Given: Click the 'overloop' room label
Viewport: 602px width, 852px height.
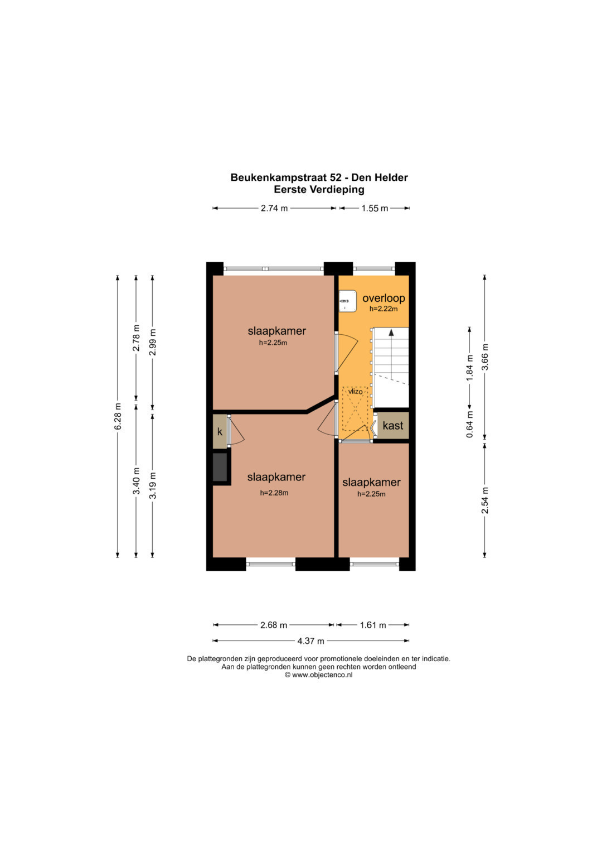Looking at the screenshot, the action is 383,299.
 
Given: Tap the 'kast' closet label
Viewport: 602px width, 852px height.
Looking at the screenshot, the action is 392,425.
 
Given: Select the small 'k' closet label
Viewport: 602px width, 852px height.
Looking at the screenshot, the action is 220,432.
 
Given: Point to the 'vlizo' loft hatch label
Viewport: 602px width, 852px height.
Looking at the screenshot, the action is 356,391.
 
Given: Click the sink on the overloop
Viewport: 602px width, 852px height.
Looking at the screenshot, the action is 347,301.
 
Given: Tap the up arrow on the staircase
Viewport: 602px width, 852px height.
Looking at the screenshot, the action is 391,333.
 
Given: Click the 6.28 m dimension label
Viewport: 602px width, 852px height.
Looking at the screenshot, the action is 118,416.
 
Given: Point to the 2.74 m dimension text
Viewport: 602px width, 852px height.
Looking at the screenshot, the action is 274,208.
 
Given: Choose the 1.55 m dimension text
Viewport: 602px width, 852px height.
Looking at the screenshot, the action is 375,208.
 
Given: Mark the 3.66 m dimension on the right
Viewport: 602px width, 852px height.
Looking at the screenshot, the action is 485,357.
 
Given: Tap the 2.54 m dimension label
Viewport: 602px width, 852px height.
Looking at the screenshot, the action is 485,500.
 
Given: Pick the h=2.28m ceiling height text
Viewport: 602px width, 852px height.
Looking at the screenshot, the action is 274,493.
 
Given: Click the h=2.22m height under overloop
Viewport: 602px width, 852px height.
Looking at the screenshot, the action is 383,309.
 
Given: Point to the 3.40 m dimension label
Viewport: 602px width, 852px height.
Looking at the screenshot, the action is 137,480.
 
